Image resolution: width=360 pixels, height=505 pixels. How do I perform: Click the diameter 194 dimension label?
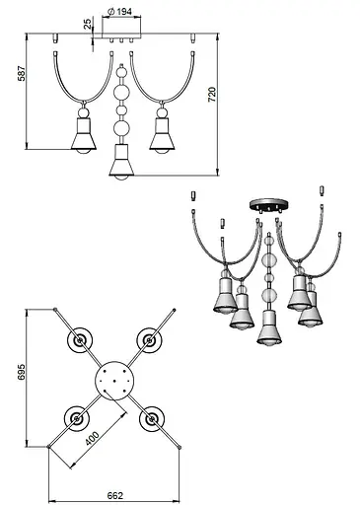120,12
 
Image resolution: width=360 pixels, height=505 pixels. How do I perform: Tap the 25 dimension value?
88,24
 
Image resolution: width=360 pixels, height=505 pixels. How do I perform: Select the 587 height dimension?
21,74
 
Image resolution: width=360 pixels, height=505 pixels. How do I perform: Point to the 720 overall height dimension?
212,94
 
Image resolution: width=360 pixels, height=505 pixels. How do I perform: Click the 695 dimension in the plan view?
21,372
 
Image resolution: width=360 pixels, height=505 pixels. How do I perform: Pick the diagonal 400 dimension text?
92,439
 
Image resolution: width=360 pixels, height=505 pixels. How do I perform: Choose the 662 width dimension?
115,495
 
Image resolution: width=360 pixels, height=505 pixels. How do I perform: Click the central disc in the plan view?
114,381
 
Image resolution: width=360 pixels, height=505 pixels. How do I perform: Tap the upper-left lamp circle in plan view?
79,340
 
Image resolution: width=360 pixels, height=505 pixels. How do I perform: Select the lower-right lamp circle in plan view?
152,418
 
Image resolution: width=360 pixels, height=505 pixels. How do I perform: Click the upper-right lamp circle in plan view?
149,340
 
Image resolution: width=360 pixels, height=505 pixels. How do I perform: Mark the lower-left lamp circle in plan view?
77,418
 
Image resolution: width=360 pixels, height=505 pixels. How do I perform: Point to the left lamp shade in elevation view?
84,136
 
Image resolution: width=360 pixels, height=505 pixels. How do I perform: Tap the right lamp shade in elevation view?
162,136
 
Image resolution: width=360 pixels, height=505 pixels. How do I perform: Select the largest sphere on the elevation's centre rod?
121,93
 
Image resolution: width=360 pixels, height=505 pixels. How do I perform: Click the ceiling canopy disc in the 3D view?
269,204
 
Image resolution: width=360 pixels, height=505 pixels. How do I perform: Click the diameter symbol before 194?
110,12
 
